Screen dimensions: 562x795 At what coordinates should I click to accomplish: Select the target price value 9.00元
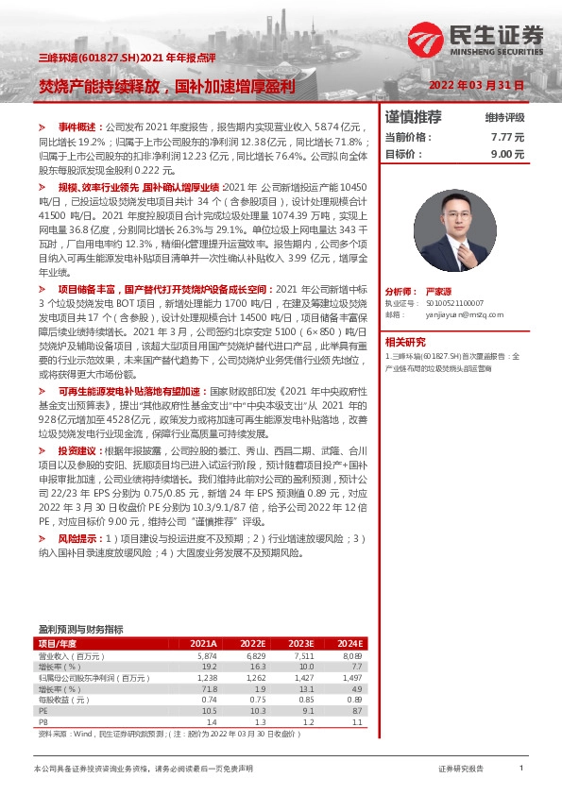(506, 153)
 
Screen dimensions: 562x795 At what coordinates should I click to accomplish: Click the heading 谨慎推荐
(414, 118)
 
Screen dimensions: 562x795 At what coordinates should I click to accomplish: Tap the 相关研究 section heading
(407, 342)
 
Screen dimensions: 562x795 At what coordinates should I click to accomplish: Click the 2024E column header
(349, 643)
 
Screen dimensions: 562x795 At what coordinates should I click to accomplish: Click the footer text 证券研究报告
(461, 770)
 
